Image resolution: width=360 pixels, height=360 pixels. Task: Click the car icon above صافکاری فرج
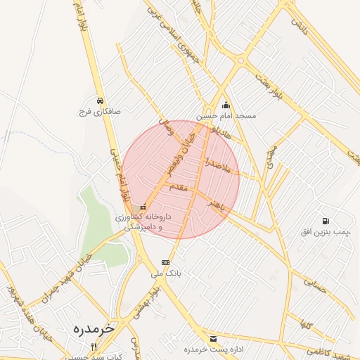[101, 100]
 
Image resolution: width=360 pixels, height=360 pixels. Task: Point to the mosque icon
[225, 105]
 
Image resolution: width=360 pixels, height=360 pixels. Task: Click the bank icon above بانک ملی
[165, 262]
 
